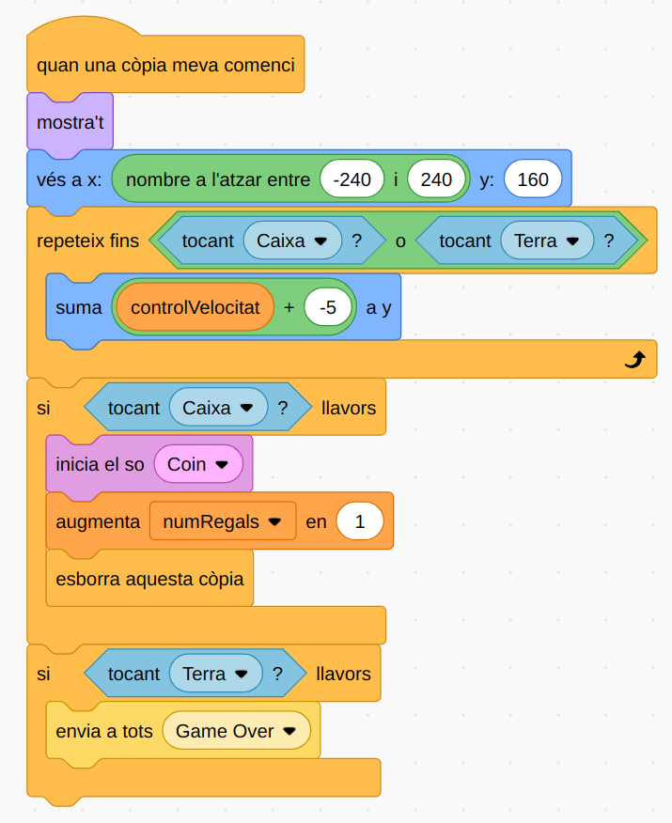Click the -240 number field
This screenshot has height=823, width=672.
352,179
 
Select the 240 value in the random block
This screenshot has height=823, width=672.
437,179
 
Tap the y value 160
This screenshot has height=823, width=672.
533,179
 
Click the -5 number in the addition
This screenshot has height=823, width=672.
328,307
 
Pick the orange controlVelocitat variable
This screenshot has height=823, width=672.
195,307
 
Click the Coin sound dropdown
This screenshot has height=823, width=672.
198,464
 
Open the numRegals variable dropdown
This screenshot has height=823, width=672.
223,521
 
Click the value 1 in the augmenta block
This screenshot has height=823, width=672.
360,521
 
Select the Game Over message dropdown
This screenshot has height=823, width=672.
236,731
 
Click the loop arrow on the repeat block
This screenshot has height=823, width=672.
634,359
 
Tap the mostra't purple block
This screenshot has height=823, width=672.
70,122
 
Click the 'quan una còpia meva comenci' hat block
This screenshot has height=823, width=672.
165,66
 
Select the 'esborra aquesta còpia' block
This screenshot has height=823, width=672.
149,579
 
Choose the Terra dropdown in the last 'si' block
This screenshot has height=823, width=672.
216,674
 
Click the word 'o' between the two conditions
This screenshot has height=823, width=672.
400,241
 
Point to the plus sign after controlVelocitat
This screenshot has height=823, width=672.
289,307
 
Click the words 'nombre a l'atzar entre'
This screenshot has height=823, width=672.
217,179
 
